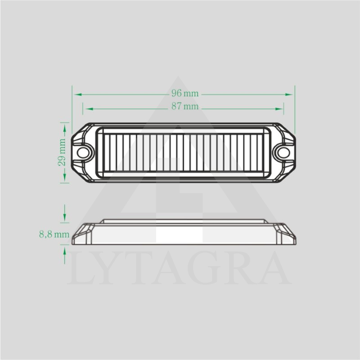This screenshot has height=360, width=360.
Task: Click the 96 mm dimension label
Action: [x=184, y=94]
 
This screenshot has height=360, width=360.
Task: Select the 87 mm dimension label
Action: [x=184, y=107]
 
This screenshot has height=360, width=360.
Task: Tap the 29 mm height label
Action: [x=62, y=153]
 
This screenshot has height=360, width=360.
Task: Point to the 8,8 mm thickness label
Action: [x=54, y=234]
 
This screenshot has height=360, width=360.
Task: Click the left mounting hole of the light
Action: [x=83, y=152]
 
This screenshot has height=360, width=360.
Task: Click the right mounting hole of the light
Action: [x=283, y=152]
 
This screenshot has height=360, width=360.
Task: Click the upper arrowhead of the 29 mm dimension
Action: [x=65, y=128]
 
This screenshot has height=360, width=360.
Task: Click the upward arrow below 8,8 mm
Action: [x=65, y=251]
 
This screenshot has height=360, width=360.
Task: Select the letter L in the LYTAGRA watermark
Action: [x=81, y=269]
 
